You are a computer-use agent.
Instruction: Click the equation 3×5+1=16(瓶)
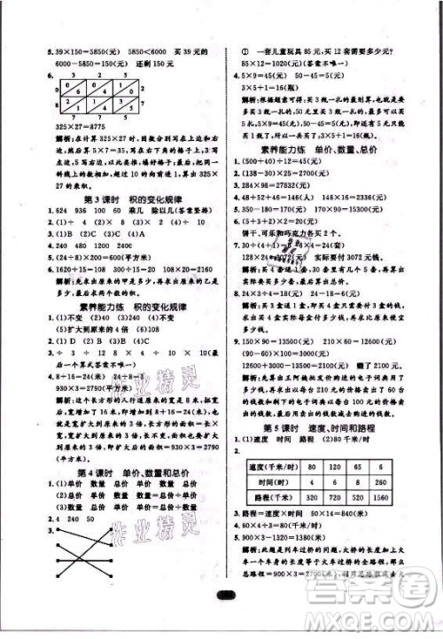tap(268, 90)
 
